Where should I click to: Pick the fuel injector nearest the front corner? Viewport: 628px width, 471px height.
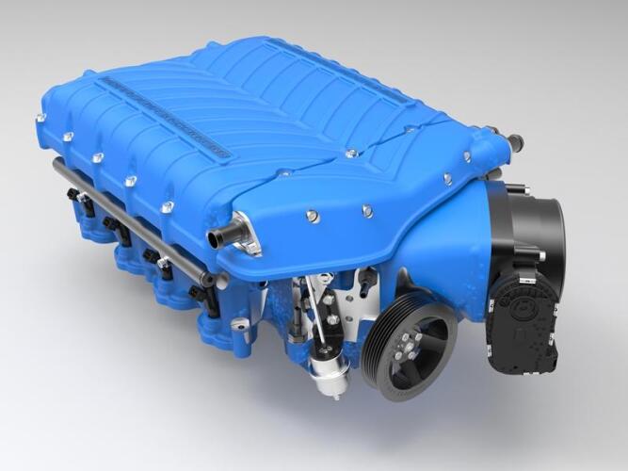coord(201,293)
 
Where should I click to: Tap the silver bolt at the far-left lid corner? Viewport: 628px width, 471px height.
coord(40,118)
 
